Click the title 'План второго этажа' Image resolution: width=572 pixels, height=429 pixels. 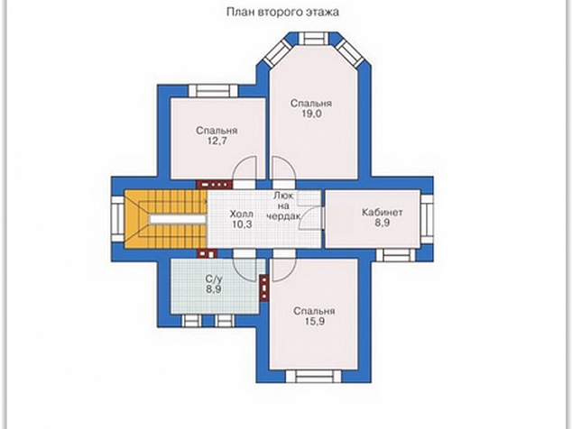pyautogui.click(x=282, y=12)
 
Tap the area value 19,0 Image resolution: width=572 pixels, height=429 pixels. pyautogui.click(x=311, y=114)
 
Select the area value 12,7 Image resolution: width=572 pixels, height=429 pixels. pyautogui.click(x=217, y=141)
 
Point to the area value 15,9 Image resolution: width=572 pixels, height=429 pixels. pyautogui.click(x=315, y=322)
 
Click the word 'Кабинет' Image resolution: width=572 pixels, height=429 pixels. pyautogui.click(x=383, y=212)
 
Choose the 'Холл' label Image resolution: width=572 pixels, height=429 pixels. pyautogui.click(x=242, y=214)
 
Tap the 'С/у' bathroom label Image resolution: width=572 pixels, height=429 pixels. pyautogui.click(x=214, y=279)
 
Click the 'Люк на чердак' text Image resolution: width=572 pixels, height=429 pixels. pyautogui.click(x=284, y=205)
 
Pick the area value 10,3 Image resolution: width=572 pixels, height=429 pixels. pyautogui.click(x=242, y=224)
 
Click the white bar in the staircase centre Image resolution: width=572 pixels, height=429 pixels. pyautogui.click(x=177, y=219)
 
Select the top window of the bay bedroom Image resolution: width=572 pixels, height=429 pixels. pyautogui.click(x=314, y=38)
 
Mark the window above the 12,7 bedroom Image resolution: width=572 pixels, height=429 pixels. pyautogui.click(x=213, y=91)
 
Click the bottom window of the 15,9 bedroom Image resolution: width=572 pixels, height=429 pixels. pyautogui.click(x=314, y=376)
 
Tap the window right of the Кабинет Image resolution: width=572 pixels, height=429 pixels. pyautogui.click(x=427, y=219)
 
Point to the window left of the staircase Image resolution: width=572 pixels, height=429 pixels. pyautogui.click(x=118, y=219)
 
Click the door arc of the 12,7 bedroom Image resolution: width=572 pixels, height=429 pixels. pyautogui.click(x=245, y=169)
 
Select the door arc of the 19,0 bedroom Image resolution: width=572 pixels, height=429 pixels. pyautogui.click(x=283, y=169)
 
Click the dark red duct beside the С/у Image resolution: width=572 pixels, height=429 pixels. pyautogui.click(x=264, y=288)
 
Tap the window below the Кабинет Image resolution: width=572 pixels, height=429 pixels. pyautogui.click(x=396, y=255)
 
